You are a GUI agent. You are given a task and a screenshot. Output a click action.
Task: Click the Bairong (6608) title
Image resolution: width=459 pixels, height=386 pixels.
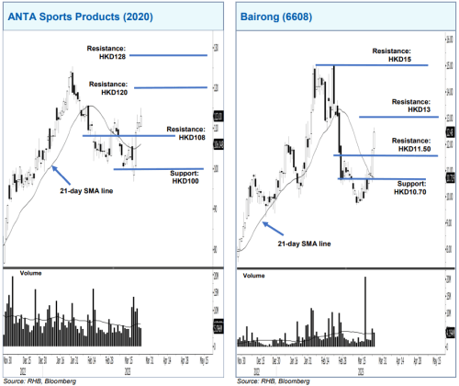point(276,17)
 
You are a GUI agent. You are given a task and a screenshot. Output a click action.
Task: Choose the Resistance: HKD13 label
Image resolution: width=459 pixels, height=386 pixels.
point(410,106)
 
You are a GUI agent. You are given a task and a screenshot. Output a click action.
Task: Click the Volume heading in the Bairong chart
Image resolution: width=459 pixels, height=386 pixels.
point(255,275)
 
